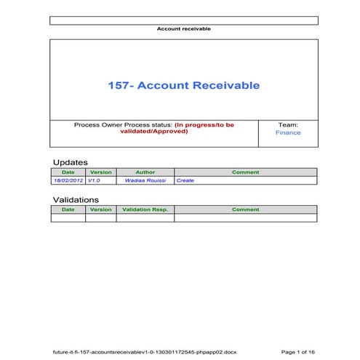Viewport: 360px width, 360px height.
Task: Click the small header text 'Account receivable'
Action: (x=184, y=29)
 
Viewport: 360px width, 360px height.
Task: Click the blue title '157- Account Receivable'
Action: (x=183, y=85)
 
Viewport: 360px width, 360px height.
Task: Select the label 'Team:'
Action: (x=288, y=125)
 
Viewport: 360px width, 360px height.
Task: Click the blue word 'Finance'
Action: (x=288, y=133)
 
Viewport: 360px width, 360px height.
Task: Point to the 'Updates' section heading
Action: (x=70, y=161)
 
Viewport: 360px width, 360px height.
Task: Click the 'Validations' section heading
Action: (x=76, y=199)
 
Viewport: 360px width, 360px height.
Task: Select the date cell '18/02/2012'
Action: (x=68, y=180)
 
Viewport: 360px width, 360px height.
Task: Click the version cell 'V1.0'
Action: (x=94, y=180)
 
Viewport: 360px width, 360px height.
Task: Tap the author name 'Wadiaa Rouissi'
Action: (x=145, y=180)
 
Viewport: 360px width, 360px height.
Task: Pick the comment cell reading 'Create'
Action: (x=185, y=180)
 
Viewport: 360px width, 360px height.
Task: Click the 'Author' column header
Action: (x=145, y=172)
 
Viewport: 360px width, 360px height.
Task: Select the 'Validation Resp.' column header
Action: (x=145, y=209)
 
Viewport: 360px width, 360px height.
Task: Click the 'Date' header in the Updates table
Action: (x=68, y=172)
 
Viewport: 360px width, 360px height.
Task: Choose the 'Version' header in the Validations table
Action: (x=100, y=209)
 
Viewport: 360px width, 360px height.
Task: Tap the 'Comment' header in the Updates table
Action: (x=245, y=172)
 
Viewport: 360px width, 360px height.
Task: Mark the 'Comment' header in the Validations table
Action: (x=245, y=209)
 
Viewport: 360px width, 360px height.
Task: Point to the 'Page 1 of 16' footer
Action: (x=297, y=351)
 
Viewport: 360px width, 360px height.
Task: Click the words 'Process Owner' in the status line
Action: (x=97, y=125)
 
